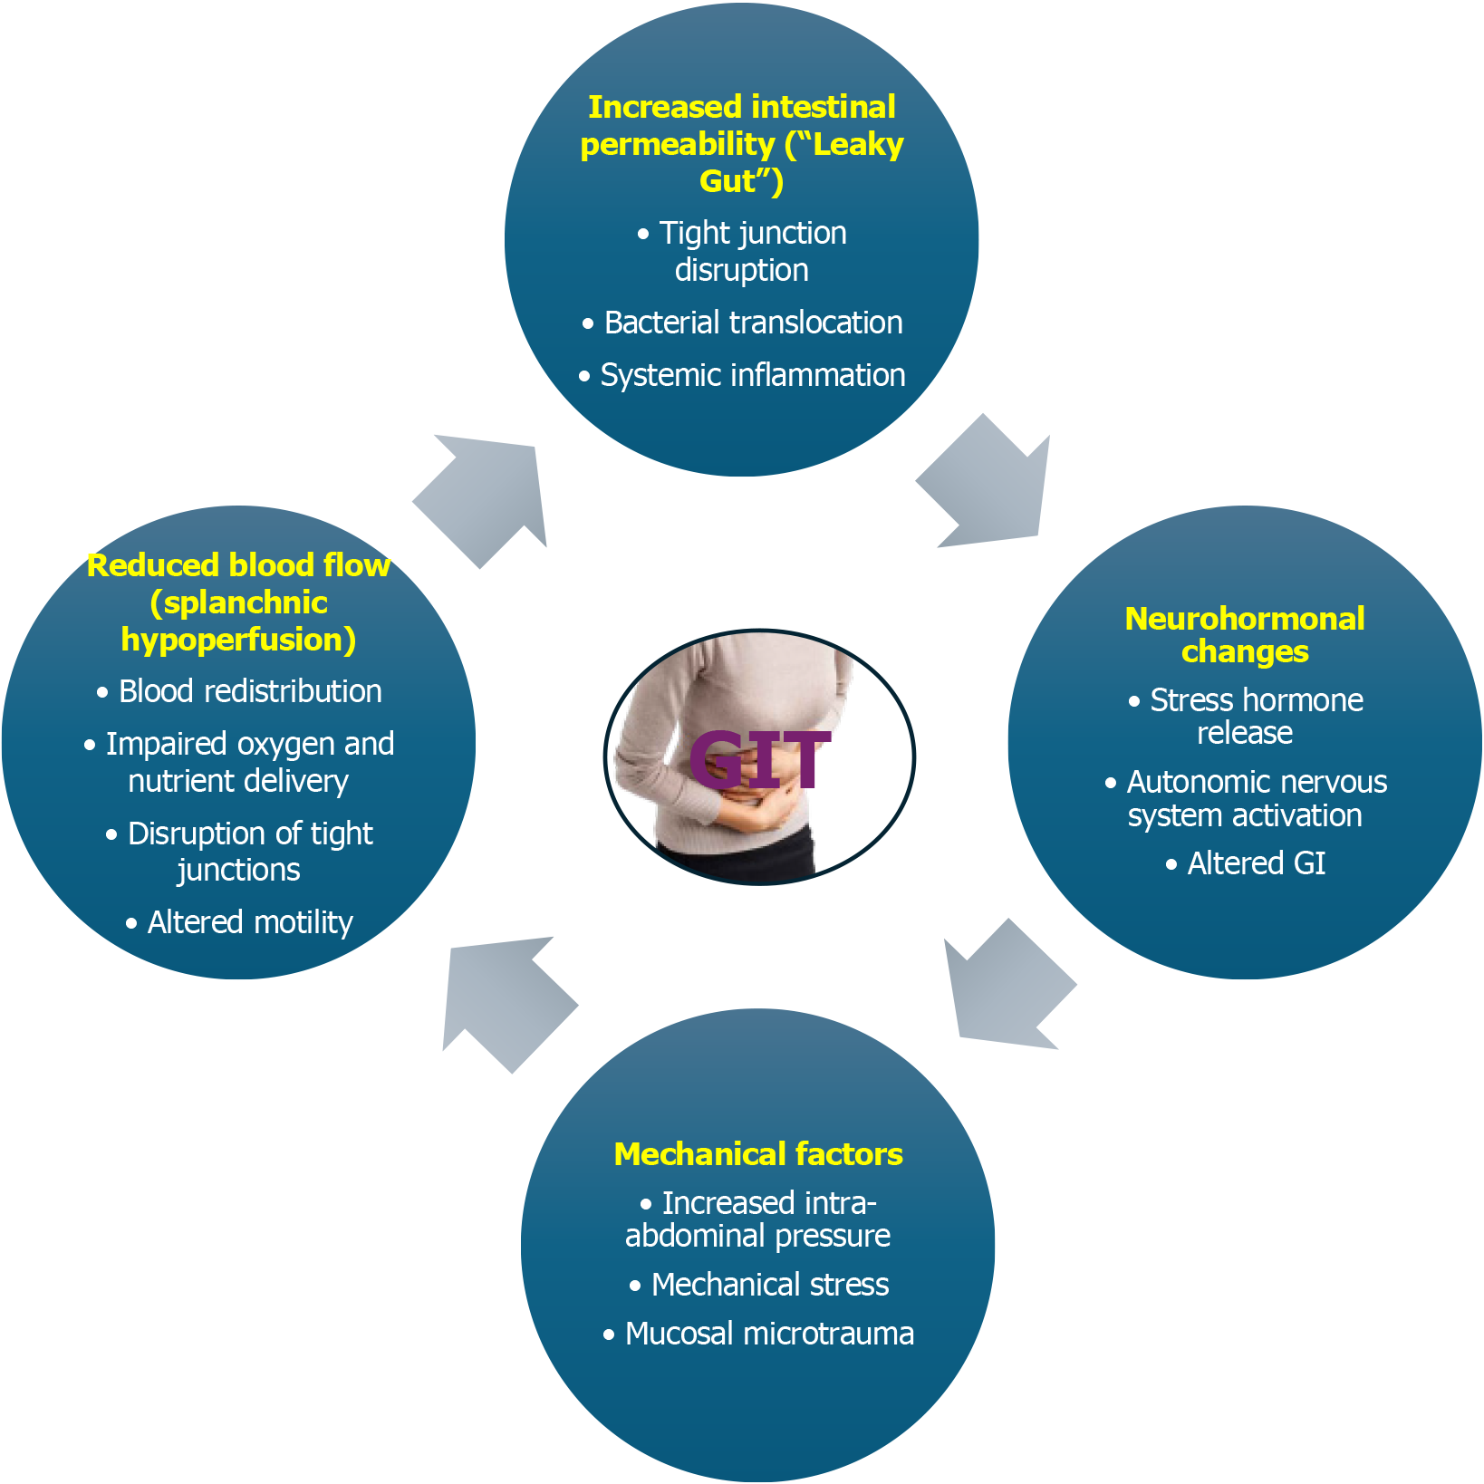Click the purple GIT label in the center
pyautogui.click(x=759, y=759)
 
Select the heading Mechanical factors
pyautogui.click(x=758, y=1154)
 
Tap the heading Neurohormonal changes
pyautogui.click(x=1244, y=634)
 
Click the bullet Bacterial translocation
pyautogui.click(x=752, y=323)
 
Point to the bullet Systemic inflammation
pyautogui.click(x=752, y=375)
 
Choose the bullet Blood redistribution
pyautogui.click(x=249, y=691)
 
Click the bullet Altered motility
pyautogui.click(x=249, y=922)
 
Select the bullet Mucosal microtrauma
pyautogui.click(x=768, y=1334)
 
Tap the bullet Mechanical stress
pyautogui.click(x=769, y=1285)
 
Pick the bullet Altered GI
pyautogui.click(x=1256, y=863)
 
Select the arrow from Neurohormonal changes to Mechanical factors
pyautogui.click(x=1006, y=988)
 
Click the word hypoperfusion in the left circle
pyautogui.click(x=237, y=640)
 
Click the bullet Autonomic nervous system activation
pyautogui.click(x=1255, y=798)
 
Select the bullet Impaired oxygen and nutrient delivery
pyautogui.click(x=248, y=762)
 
